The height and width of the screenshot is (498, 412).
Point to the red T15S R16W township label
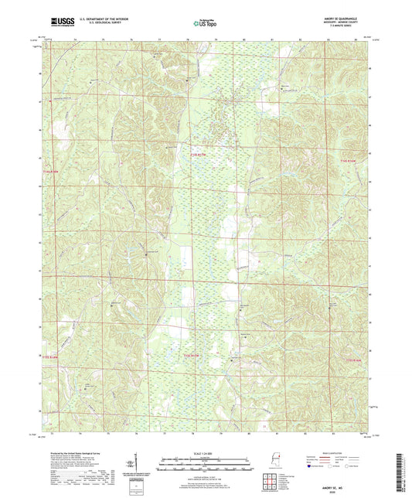[x=353, y=360]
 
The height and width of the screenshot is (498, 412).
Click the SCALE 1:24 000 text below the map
[x=205, y=452]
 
